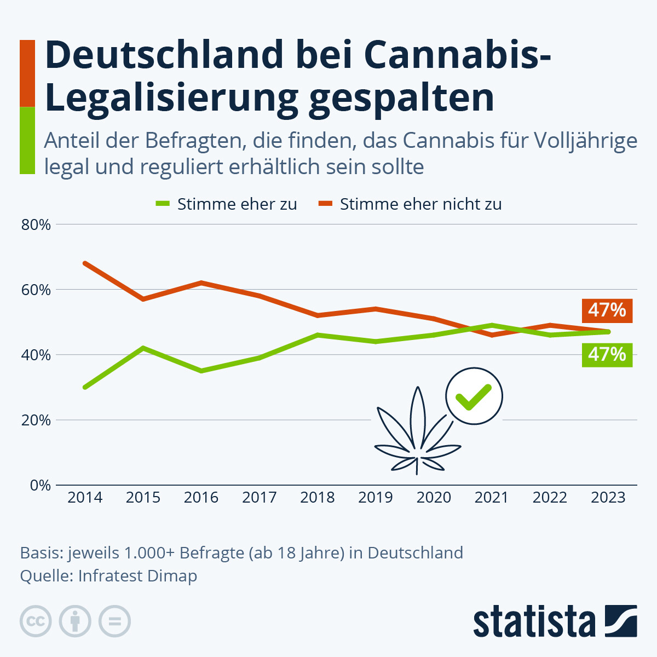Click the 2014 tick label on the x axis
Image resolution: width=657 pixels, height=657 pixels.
click(x=85, y=497)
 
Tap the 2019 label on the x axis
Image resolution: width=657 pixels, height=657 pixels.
click(x=376, y=497)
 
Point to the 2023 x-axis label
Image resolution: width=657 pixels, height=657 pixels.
click(x=608, y=497)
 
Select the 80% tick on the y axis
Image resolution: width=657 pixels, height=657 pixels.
click(x=36, y=224)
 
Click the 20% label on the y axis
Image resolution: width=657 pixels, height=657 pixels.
click(x=36, y=420)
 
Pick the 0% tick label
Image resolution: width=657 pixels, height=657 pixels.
click(x=40, y=485)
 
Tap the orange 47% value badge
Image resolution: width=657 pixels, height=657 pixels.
click(x=607, y=310)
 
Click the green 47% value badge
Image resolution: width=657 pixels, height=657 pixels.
click(x=607, y=355)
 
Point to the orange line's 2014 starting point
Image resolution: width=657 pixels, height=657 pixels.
click(x=85, y=263)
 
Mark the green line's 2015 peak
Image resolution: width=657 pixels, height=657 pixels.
click(x=143, y=348)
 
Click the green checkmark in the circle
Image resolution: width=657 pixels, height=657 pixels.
click(x=474, y=396)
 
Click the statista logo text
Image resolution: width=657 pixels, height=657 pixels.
click(x=534, y=621)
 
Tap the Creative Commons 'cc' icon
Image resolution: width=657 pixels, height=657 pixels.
click(x=36, y=621)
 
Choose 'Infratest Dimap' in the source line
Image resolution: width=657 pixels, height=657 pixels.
click(x=137, y=576)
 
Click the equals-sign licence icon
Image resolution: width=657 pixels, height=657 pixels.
click(x=114, y=621)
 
